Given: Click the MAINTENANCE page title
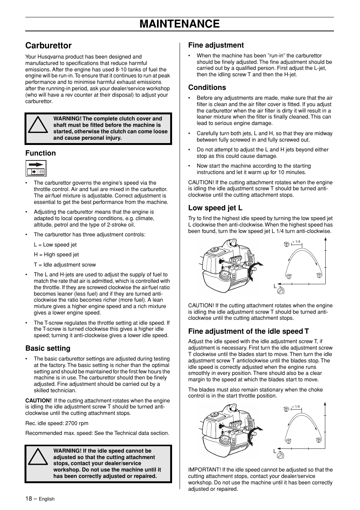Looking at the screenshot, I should (180, 24).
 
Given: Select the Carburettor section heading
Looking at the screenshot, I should (48, 46).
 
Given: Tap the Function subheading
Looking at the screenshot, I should (40, 153).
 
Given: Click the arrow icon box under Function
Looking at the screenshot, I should (36, 168).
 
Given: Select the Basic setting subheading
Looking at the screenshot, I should (48, 348).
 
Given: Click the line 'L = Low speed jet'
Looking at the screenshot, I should (55, 245).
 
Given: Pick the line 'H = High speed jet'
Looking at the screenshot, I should (56, 255).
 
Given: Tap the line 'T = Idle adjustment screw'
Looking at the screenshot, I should (65, 265).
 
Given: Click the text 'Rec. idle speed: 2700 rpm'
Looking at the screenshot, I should (57, 423).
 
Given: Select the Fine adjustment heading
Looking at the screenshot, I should (216, 45).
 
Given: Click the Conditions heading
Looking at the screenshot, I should (207, 87).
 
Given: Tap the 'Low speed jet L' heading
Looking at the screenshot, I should (215, 208).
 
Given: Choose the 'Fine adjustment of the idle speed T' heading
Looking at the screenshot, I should (248, 331).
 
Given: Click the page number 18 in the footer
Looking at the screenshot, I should (29, 498).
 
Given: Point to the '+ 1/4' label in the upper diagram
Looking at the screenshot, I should (296, 242).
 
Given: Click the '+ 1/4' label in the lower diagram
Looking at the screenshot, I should (296, 407).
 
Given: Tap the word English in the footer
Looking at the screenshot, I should (47, 499).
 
